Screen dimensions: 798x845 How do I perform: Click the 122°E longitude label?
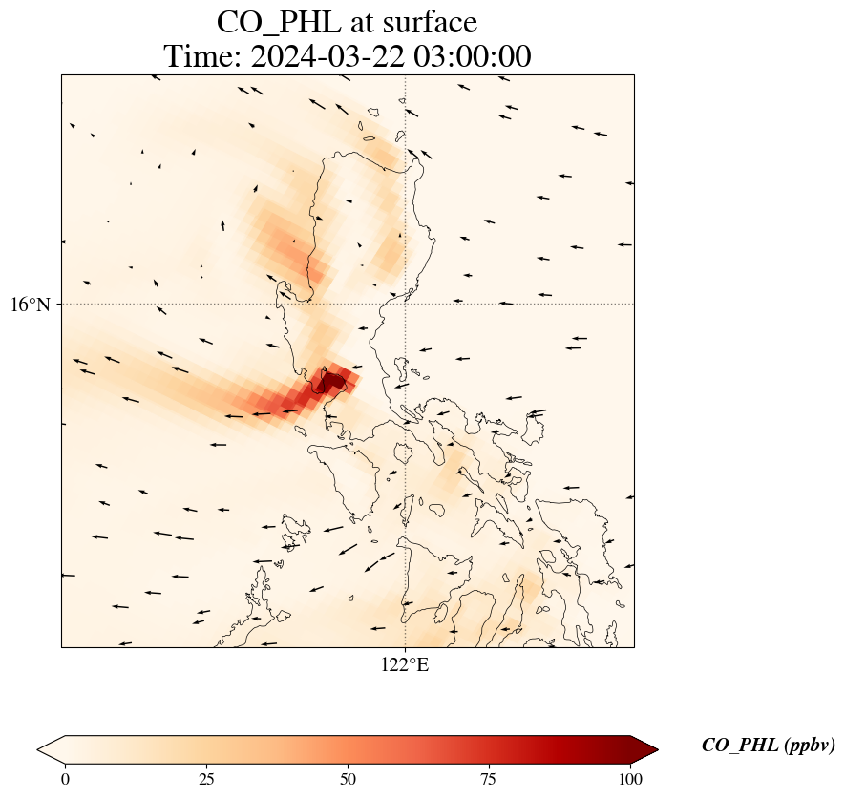pos(405,665)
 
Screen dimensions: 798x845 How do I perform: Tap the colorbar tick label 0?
pos(65,779)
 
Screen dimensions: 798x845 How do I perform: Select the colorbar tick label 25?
pos(206,779)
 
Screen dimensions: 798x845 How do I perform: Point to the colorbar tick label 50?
pos(348,779)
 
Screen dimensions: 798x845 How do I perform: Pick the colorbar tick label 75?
pos(489,779)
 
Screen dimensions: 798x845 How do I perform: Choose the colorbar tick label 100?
pos(629,779)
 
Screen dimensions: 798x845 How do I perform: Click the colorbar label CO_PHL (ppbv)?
pos(768,745)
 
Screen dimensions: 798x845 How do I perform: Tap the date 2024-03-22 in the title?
pos(323,56)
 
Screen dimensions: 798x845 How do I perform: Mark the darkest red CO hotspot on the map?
pos(332,384)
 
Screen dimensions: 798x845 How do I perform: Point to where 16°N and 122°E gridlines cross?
pos(405,304)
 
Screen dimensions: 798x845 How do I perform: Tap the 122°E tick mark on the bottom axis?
pos(405,648)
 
